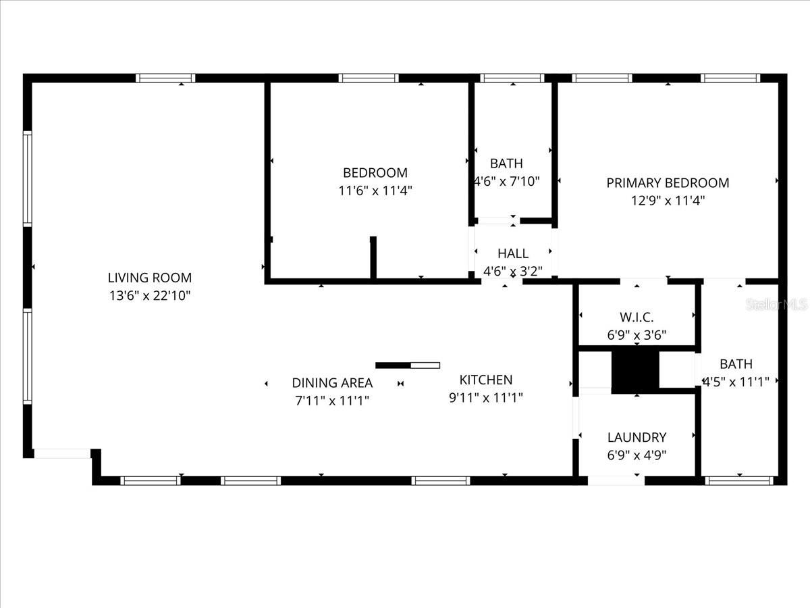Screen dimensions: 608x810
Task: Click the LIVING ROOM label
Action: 150,278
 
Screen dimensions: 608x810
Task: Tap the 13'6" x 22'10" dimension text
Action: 150,295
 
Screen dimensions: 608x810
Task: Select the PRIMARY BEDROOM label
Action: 668,182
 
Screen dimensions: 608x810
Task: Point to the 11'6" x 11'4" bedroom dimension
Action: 375,191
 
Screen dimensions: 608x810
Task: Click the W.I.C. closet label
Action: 637,317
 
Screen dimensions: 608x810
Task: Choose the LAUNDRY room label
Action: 637,437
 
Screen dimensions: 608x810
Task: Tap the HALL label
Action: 513,254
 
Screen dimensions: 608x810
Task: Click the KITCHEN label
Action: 486,380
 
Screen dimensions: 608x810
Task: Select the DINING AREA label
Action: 332,383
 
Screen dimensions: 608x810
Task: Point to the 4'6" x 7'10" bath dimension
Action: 507,181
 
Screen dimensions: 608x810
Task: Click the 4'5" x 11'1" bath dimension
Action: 736,382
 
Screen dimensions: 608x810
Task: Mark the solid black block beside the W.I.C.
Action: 634,370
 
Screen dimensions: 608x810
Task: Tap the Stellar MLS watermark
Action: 776,305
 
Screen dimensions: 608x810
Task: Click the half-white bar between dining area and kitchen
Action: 408,365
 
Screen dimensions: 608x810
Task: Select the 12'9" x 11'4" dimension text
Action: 668,201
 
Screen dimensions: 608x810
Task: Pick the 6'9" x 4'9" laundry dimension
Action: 637,455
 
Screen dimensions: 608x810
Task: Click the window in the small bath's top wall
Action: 513,78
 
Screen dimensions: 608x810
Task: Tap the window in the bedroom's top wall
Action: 368,78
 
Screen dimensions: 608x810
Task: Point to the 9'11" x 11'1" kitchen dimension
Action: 486,397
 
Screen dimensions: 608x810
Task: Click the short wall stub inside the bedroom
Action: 373,257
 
